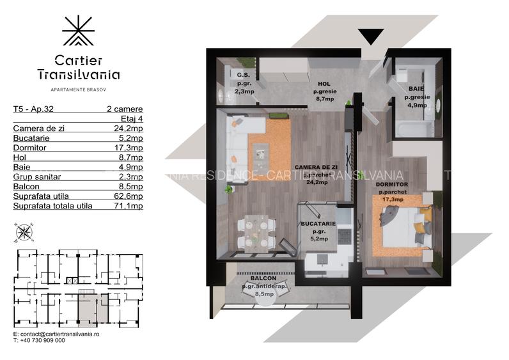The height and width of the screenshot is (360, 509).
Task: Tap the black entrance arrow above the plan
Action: (371, 36)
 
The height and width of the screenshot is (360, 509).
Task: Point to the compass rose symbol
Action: (24, 233)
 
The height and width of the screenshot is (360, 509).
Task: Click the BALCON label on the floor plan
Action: (263, 279)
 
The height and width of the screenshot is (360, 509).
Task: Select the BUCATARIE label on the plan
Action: (318, 224)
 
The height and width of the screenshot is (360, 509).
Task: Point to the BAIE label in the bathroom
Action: (416, 89)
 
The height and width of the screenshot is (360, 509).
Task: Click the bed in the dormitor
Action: (403, 228)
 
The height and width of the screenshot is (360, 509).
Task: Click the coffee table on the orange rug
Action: (262, 151)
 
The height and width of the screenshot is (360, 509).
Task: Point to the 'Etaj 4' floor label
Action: (132, 118)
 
